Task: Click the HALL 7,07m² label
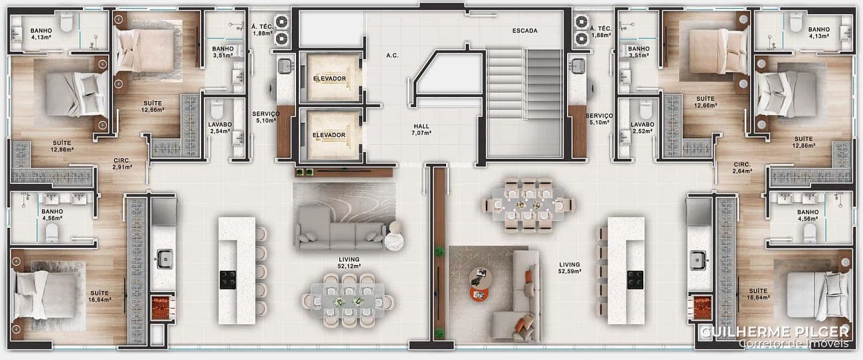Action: pos(422,130)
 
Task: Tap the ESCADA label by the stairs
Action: pos(524,31)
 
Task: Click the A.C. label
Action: pos(392,56)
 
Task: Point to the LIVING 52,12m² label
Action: pos(349,263)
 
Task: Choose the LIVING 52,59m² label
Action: pos(570,268)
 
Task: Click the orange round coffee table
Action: pos(479,295)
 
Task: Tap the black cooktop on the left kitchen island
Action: pos(228,280)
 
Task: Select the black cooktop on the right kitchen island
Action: pos(635,280)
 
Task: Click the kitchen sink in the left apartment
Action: pos(165,259)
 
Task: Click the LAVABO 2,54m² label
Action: pos(220,128)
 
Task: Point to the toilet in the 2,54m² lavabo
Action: pos(217,110)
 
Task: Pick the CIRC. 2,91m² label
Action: pos(122,164)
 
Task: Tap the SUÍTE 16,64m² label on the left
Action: pos(100,296)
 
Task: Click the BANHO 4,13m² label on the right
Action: pos(819,33)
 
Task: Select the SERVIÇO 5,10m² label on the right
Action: pos(599,119)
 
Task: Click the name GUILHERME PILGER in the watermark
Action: pos(775,332)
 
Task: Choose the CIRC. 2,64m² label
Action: pos(742,167)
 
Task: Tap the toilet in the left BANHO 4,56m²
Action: pos(52,233)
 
